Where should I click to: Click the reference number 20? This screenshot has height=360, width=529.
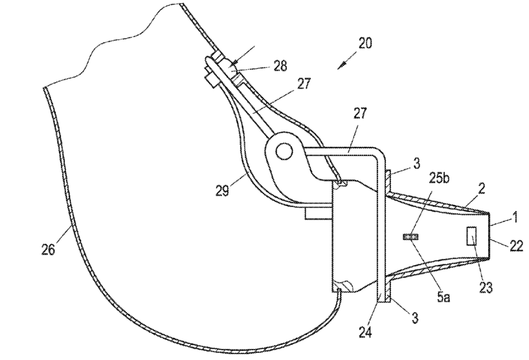click(x=365, y=43)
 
